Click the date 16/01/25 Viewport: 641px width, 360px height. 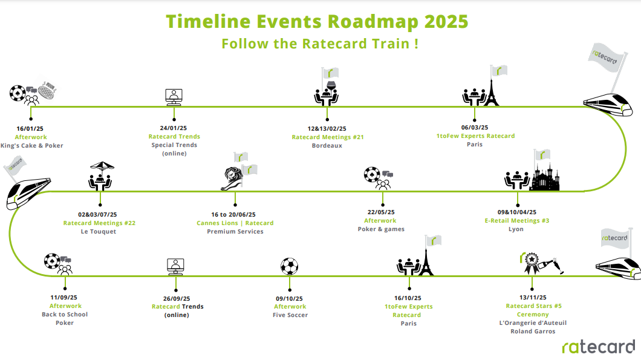[x=30, y=128]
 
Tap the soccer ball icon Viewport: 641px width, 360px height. [x=290, y=266]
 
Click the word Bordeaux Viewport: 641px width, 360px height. [x=327, y=146]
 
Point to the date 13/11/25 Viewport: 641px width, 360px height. [x=533, y=298]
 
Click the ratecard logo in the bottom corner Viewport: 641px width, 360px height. [x=599, y=347]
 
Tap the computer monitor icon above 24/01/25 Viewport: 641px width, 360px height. [x=174, y=97]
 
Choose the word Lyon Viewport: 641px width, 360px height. [x=516, y=229]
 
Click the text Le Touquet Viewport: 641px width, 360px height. [x=99, y=232]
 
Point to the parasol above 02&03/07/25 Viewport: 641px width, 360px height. [x=102, y=166]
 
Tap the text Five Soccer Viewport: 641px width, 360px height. [x=290, y=315]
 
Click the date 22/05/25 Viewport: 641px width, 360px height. [x=381, y=212]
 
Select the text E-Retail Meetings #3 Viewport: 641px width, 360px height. [x=516, y=220]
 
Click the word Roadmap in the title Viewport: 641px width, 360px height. [x=373, y=22]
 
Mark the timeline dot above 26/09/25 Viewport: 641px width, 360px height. [x=176, y=290]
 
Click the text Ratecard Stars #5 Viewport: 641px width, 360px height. [x=533, y=306]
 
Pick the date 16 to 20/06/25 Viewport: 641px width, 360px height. [x=233, y=214]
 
